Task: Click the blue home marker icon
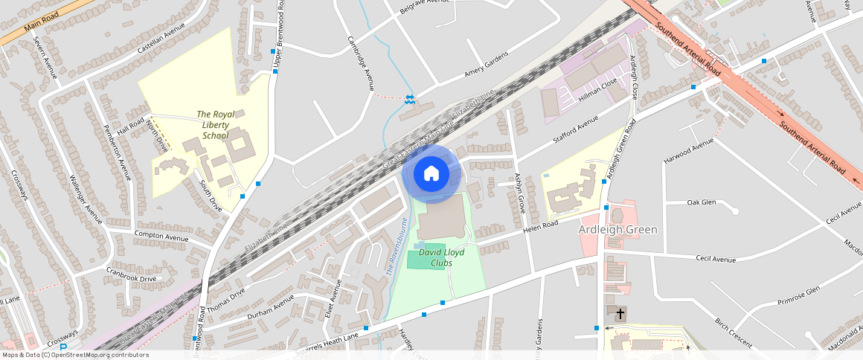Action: point(431,173)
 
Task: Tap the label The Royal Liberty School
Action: point(216,125)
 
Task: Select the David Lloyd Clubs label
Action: point(441,257)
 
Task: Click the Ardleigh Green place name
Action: point(618,229)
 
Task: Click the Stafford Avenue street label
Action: point(575,130)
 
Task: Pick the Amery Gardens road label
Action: point(486,64)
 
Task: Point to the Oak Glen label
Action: point(701,202)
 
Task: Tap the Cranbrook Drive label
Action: point(131,274)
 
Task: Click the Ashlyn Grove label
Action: point(521,193)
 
